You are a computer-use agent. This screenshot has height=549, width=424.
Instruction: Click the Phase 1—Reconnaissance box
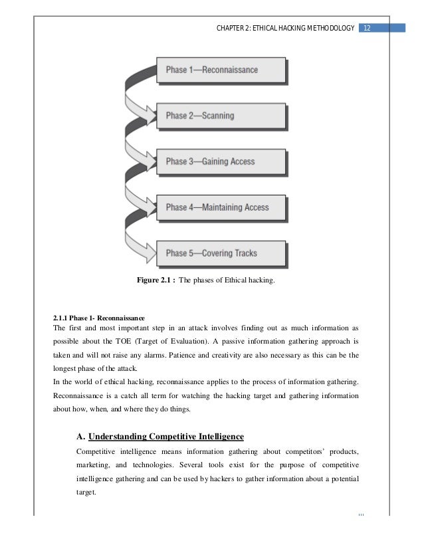[221, 70]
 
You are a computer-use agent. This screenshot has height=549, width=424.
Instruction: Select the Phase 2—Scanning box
[221, 116]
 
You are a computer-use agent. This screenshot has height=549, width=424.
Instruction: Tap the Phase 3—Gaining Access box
[221, 162]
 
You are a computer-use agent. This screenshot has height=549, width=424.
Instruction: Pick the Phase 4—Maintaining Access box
[221, 207]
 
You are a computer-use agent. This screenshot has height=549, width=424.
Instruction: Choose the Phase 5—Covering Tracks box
[221, 253]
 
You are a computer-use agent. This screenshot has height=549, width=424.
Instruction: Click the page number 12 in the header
[368, 27]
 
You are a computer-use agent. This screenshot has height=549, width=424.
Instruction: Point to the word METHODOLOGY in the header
[326, 27]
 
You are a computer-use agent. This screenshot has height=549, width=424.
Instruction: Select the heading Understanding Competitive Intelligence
[166, 436]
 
